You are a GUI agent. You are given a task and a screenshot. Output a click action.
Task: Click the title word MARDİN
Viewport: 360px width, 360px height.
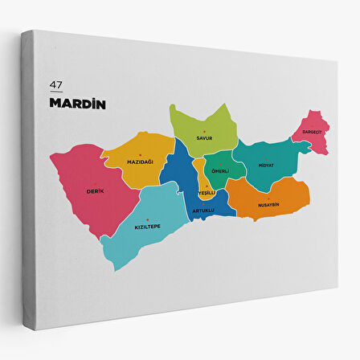[x=78, y=103]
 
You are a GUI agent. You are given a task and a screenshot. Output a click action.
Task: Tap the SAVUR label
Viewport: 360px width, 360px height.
[x=204, y=138]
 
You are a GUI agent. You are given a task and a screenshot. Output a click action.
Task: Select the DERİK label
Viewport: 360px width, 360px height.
[x=95, y=191]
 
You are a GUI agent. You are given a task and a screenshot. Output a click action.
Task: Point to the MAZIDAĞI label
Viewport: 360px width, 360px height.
[x=140, y=162]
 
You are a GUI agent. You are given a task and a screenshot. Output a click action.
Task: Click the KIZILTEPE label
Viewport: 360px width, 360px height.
[x=148, y=227]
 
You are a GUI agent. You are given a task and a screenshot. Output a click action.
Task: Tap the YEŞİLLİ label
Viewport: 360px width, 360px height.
[x=207, y=193]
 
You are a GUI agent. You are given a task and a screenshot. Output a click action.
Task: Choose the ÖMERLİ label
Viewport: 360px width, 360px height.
[x=220, y=171]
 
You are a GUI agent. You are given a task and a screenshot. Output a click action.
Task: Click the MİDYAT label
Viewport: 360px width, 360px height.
[x=266, y=166]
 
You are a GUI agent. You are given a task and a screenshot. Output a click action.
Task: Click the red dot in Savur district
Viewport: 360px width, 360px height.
[x=204, y=131]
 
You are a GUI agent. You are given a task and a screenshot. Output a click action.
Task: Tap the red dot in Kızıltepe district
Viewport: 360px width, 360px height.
[x=148, y=219]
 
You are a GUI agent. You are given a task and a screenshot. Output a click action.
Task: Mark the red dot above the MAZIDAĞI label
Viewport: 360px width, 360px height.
[x=140, y=154]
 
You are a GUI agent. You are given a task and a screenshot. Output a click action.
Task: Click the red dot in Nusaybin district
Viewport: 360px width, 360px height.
[x=268, y=198]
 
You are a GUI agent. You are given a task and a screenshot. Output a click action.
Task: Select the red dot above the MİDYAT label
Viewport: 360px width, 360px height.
[x=266, y=158]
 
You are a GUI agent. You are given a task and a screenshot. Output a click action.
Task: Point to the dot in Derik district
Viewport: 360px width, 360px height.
[x=95, y=184]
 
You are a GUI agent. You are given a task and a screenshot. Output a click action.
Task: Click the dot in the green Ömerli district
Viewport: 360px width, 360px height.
[x=220, y=165]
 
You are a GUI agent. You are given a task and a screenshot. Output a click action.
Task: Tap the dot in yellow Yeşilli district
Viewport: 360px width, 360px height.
[x=207, y=186]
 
